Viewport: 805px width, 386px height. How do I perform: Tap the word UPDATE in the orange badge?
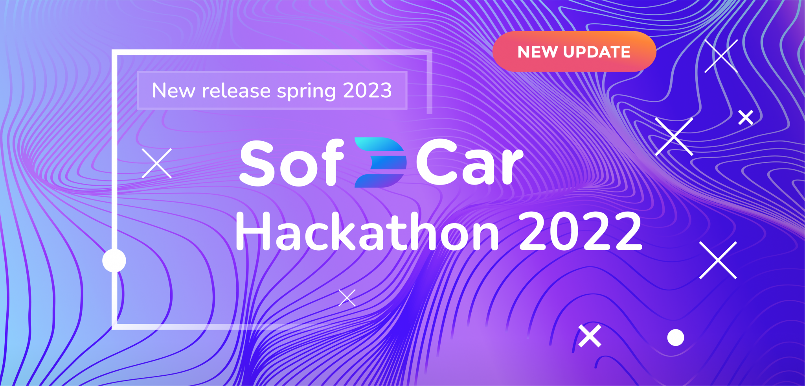(x=597, y=52)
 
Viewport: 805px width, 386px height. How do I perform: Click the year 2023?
(x=368, y=90)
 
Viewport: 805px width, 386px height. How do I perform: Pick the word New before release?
(x=173, y=90)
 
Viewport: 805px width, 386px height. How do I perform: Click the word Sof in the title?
(x=292, y=163)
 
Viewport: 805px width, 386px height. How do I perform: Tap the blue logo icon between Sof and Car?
(x=380, y=162)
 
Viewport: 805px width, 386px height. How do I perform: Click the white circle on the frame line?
(x=114, y=260)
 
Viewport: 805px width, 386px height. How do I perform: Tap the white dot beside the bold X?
(x=676, y=338)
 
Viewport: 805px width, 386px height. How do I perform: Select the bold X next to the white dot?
(x=590, y=336)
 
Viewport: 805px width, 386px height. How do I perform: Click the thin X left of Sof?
(x=157, y=163)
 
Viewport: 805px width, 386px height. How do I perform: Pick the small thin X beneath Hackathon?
(x=347, y=298)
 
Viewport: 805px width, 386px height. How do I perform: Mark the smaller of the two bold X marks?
(x=746, y=118)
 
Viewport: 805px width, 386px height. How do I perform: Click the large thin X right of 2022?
(x=718, y=260)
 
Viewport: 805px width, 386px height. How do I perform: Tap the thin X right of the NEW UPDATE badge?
(x=721, y=56)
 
